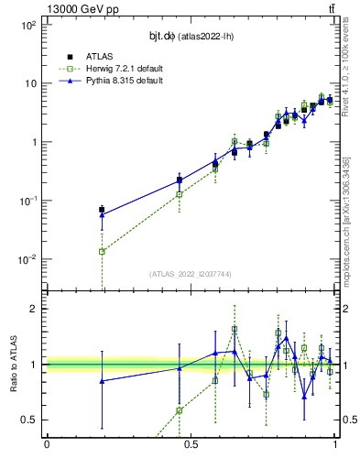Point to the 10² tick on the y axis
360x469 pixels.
pos(28,25)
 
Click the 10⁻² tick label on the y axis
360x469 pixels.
pos(28,259)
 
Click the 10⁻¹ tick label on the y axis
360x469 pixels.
pos(28,201)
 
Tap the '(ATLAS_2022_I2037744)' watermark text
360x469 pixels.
pos(191,274)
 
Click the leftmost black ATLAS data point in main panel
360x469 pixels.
pos(102,210)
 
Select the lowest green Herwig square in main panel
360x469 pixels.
pos(102,251)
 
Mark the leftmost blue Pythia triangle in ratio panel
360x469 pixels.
pos(102,381)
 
